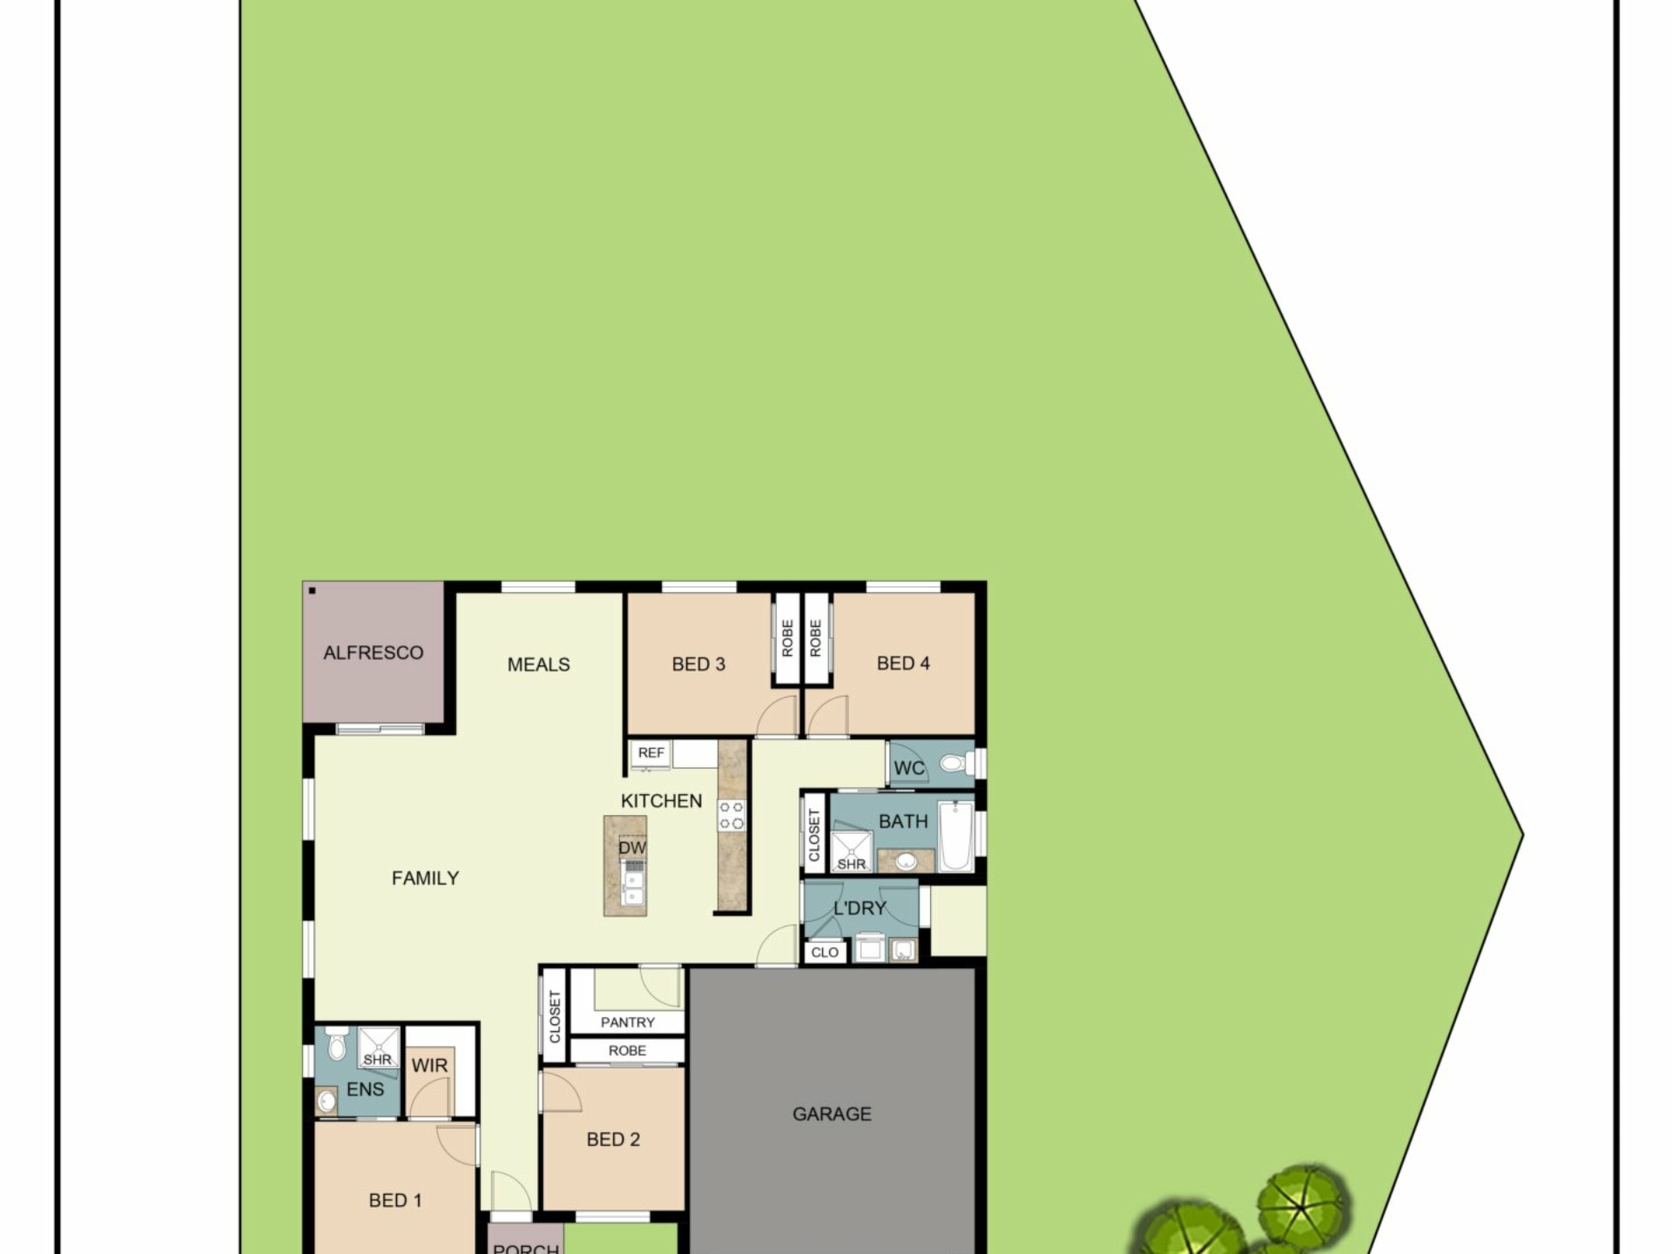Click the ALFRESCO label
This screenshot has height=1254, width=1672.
pyautogui.click(x=373, y=653)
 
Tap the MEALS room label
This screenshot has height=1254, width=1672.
pyautogui.click(x=538, y=664)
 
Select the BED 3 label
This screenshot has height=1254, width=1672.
pyautogui.click(x=698, y=664)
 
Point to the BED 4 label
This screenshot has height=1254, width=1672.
pyautogui.click(x=903, y=664)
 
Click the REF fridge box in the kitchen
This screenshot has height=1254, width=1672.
pyautogui.click(x=651, y=753)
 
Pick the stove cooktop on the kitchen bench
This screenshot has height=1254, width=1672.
pyautogui.click(x=731, y=815)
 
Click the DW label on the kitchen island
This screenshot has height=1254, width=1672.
pyautogui.click(x=632, y=847)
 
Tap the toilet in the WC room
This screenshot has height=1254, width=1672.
pyautogui.click(x=953, y=765)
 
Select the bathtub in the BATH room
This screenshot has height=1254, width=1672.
pyautogui.click(x=955, y=837)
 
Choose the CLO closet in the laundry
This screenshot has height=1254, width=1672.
pyautogui.click(x=824, y=953)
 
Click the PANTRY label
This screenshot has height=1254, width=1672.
pyautogui.click(x=627, y=1022)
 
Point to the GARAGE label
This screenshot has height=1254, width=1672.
pyautogui.click(x=832, y=1114)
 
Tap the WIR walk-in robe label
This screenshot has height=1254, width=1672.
pyautogui.click(x=429, y=1066)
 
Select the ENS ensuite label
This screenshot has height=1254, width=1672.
pyautogui.click(x=365, y=1089)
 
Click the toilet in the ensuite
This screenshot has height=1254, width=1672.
pyautogui.click(x=338, y=1044)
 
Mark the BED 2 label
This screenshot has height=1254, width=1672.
pyautogui.click(x=613, y=1140)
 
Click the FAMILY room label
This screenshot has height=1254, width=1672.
pyautogui.click(x=425, y=879)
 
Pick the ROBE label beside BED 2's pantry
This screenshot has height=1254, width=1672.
pyautogui.click(x=627, y=1051)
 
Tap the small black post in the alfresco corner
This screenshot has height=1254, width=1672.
pyautogui.click(x=312, y=591)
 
